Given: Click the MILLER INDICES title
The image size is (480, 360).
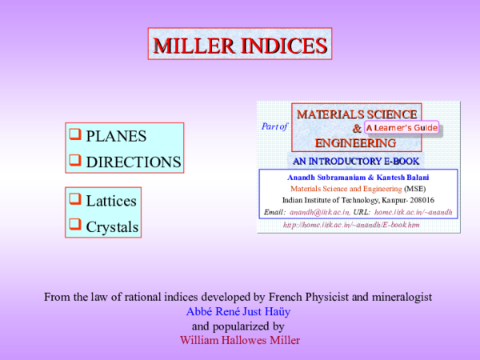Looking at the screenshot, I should pos(240,45).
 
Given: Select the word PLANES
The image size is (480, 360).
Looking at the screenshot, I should pos(116,136).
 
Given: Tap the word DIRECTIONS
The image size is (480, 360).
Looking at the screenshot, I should pos(134,162).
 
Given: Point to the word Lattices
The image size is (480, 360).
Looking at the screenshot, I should pos(111,201).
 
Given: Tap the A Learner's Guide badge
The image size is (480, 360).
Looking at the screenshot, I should pos(401,128).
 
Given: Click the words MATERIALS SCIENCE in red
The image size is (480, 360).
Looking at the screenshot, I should pos(357,114).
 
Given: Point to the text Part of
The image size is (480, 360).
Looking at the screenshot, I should pos(274,126).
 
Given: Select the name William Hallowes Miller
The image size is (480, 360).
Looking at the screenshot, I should pos(240,340).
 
